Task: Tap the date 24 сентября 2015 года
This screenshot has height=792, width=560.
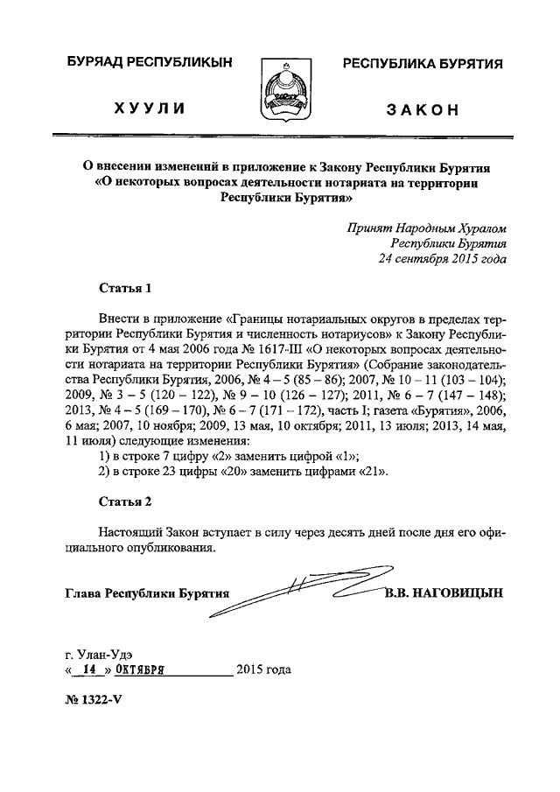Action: (442, 259)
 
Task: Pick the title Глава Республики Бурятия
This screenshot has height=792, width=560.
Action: (147, 593)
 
